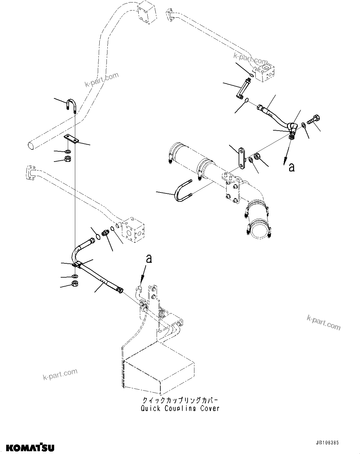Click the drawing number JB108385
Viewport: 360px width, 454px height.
pos(330,443)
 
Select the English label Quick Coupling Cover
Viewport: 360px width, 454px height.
pos(180,408)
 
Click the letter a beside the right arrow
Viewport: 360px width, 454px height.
pos(291,167)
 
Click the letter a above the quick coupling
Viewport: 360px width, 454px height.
pos(149,259)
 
